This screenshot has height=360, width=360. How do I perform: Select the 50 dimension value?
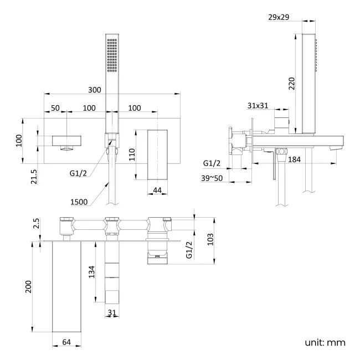(55, 107)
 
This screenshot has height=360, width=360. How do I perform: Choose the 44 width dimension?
(157, 189)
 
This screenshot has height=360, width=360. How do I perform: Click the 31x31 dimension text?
(259, 106)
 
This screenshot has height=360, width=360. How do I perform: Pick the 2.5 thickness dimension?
(36, 224)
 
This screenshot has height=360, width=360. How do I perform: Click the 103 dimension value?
(209, 239)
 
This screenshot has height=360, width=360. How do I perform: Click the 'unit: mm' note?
(325, 342)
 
